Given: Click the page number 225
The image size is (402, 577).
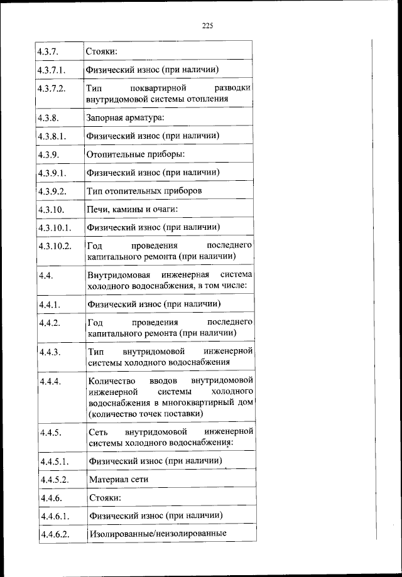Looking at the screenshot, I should click(x=209, y=26).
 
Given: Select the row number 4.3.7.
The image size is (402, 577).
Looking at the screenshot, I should click(x=49, y=50).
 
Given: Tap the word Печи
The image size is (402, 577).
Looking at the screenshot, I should click(x=97, y=208).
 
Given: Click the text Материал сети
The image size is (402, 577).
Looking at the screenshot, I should click(x=119, y=480).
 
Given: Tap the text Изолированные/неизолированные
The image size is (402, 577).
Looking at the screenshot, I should click(x=157, y=534).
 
